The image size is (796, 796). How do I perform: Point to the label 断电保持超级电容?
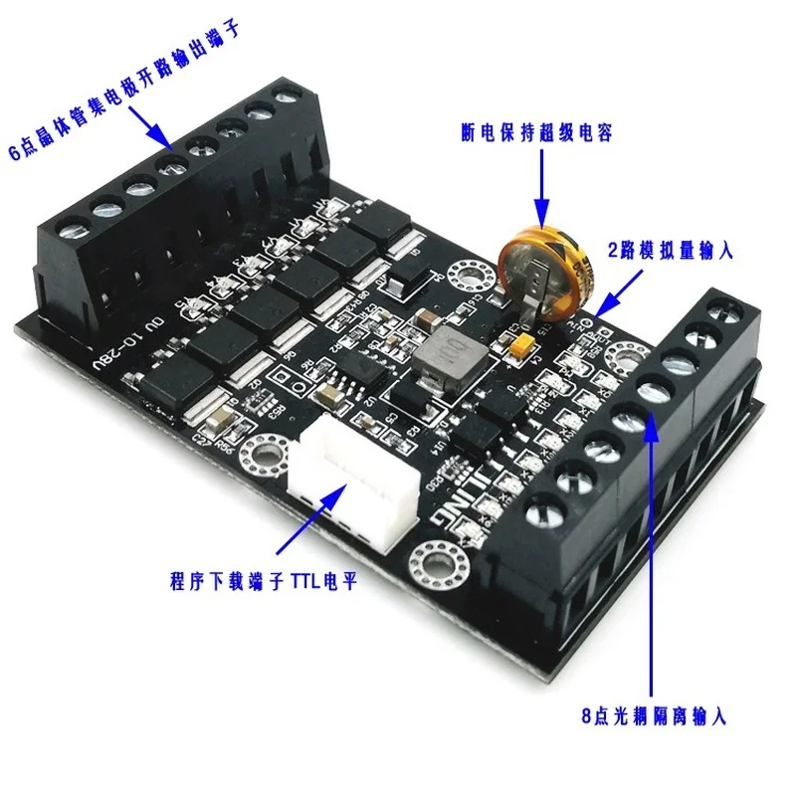(538, 130)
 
